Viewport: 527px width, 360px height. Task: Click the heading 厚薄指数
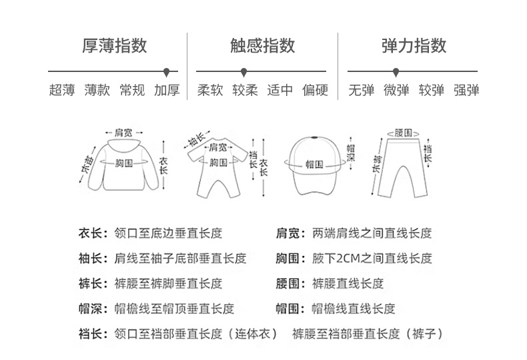click(114, 46)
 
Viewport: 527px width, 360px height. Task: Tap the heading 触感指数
click(262, 46)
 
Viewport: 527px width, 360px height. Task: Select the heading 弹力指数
click(414, 46)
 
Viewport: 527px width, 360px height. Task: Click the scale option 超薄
click(62, 91)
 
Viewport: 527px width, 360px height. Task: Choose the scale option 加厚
click(167, 91)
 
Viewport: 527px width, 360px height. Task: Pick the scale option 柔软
click(210, 91)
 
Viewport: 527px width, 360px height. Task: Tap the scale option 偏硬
click(315, 91)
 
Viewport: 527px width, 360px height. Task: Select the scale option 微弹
click(396, 91)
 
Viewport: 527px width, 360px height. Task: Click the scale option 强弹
click(466, 91)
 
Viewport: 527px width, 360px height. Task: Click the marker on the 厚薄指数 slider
click(167, 70)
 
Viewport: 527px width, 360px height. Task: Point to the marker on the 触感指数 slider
click(243, 70)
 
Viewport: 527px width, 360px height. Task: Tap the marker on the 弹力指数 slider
click(396, 70)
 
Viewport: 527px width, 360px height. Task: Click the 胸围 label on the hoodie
click(124, 163)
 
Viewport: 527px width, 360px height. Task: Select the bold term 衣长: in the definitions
click(93, 233)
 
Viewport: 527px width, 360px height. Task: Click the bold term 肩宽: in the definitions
click(290, 233)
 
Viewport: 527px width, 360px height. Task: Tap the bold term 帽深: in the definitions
click(93, 309)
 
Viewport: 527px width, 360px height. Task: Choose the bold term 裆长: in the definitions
click(93, 334)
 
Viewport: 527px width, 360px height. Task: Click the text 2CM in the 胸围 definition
click(351, 259)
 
